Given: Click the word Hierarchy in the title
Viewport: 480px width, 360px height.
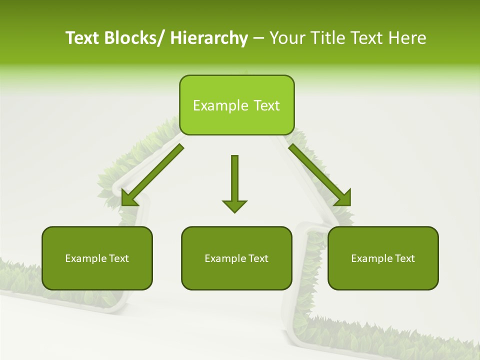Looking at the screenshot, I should pyautogui.click(x=209, y=38).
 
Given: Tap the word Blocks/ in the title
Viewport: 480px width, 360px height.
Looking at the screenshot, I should pyautogui.click(x=134, y=38).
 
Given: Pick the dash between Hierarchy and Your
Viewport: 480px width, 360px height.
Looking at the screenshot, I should pyautogui.click(x=258, y=38).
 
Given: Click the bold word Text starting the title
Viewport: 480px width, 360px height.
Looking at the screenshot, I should pyautogui.click(x=82, y=38).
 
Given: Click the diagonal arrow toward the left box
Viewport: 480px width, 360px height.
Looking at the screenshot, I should pyautogui.click(x=152, y=175).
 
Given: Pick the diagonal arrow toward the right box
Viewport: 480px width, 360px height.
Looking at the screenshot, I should pyautogui.click(x=320, y=175).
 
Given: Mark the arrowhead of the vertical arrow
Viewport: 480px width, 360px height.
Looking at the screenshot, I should pyautogui.click(x=234, y=205).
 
